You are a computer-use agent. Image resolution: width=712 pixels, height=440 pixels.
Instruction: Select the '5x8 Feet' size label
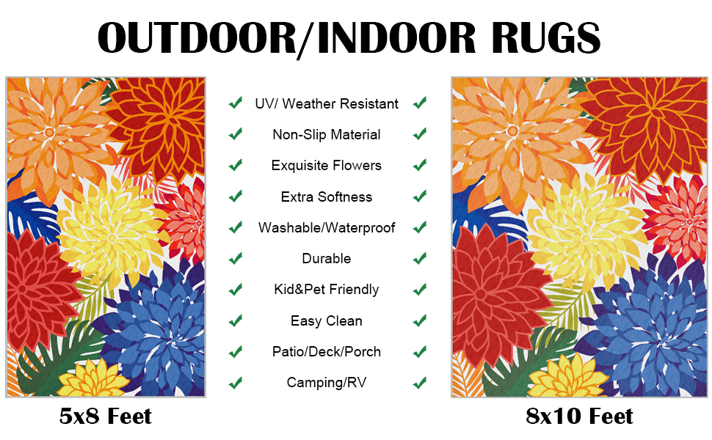click(106, 416)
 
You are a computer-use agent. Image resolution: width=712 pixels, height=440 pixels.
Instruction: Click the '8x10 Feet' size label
click(579, 416)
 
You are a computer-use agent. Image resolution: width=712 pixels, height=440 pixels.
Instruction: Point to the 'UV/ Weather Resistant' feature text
click(327, 104)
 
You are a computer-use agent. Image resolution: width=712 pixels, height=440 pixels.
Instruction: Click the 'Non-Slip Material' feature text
click(327, 135)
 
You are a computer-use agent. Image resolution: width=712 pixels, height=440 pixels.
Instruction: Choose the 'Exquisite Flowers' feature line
click(327, 166)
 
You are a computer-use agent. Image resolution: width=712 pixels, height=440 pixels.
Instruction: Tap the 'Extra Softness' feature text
click(327, 197)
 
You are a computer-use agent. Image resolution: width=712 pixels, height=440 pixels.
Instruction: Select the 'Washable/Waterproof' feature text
click(327, 228)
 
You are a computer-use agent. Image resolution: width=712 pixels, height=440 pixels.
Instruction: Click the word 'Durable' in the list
click(327, 259)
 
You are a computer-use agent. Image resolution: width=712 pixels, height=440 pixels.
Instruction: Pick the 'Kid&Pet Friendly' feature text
click(327, 290)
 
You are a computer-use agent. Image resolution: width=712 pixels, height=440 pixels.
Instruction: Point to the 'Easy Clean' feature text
click(327, 320)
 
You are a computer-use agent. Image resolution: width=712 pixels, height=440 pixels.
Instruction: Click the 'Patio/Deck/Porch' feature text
click(327, 351)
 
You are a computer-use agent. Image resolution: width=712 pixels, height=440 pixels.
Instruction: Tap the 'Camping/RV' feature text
click(327, 382)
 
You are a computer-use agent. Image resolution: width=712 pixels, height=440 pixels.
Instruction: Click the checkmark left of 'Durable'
click(235, 259)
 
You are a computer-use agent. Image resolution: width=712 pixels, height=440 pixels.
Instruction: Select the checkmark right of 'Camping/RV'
click(420, 383)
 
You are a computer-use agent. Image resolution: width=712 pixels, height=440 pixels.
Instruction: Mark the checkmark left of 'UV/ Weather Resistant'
click(235, 103)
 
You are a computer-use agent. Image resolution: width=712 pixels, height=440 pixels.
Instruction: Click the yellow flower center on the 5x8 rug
click(112, 238)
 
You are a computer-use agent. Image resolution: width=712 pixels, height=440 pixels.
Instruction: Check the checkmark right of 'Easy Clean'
click(420, 320)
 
